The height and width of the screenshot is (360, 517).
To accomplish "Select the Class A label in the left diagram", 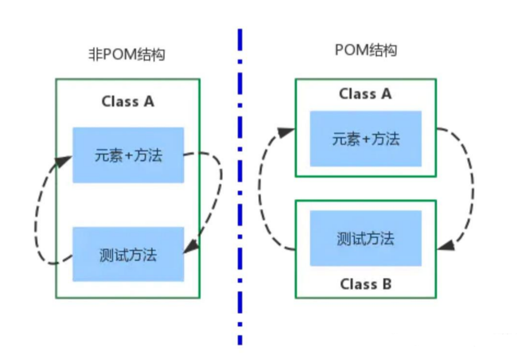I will pyautogui.click(x=127, y=101).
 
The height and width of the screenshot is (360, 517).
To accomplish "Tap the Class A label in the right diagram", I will pyautogui.click(x=365, y=93).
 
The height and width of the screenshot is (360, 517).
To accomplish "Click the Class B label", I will pyautogui.click(x=365, y=284).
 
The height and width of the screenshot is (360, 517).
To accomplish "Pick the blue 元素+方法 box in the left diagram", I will pyautogui.click(x=128, y=155).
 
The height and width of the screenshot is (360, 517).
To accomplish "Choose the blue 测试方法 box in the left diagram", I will pyautogui.click(x=128, y=254).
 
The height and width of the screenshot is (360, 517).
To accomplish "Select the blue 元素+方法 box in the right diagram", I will pyautogui.click(x=366, y=139).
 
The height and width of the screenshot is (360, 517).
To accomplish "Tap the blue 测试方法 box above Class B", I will pyautogui.click(x=366, y=238).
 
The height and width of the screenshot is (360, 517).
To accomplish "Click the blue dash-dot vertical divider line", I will pyautogui.click(x=240, y=195).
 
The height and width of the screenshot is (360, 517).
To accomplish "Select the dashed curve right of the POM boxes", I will pyautogui.click(x=470, y=185).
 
